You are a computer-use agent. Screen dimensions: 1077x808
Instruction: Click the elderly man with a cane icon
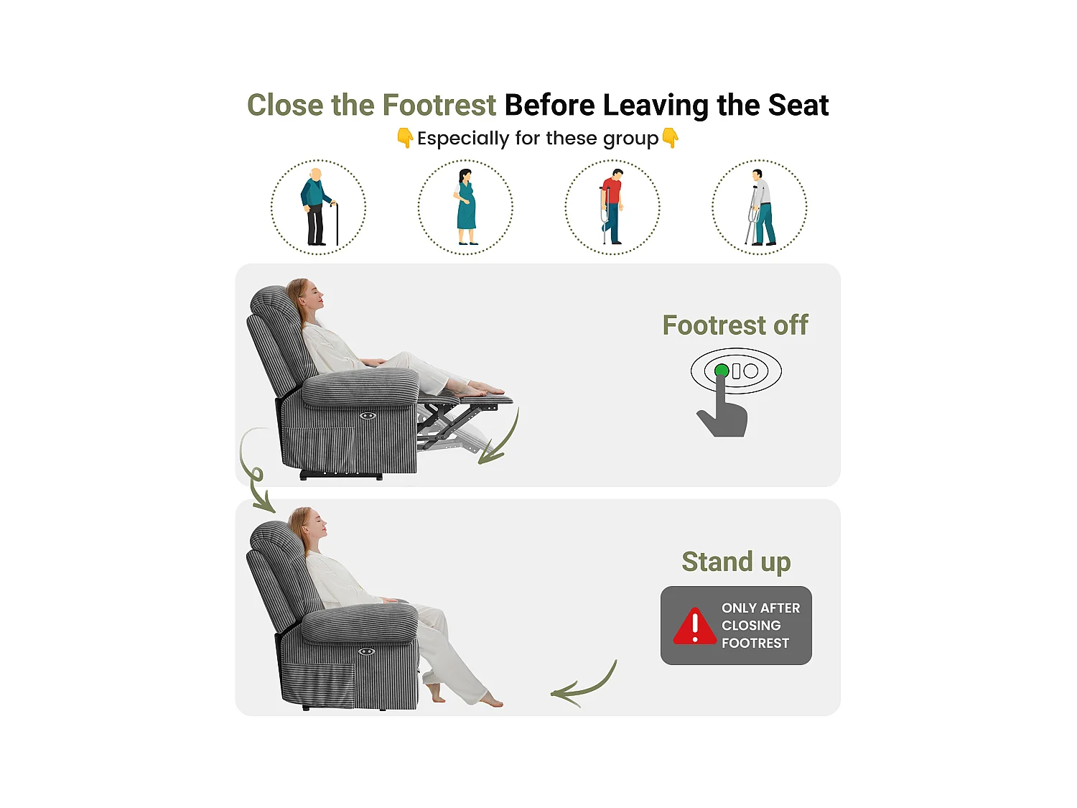[318, 207]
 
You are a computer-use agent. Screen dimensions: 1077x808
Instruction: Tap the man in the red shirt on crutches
[612, 207]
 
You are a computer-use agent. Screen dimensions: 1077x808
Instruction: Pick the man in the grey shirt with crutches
[760, 208]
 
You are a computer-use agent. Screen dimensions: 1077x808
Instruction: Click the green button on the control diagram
[722, 371]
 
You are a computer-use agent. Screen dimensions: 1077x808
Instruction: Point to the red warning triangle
[694, 626]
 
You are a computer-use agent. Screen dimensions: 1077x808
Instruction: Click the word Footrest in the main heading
[439, 105]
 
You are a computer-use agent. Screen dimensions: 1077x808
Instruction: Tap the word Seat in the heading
[798, 105]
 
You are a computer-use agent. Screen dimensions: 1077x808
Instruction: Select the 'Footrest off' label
[735, 325]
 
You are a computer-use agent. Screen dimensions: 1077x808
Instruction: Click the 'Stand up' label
[736, 562]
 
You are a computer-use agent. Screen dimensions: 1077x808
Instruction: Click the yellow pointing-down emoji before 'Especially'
[405, 138]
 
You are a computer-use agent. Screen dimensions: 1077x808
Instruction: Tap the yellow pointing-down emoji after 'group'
[670, 138]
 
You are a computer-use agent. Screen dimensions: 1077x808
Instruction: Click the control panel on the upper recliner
[368, 416]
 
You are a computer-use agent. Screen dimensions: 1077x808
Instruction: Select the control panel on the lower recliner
[366, 652]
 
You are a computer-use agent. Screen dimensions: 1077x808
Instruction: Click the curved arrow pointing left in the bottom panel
[589, 689]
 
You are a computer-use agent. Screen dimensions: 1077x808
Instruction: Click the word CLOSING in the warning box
[751, 626]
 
